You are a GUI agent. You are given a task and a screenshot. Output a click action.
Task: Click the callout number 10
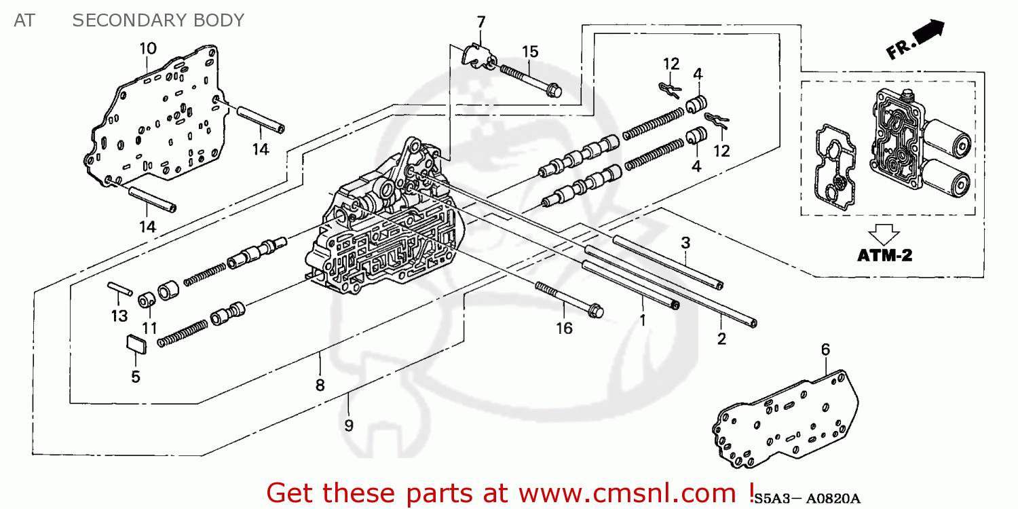coord(148,48)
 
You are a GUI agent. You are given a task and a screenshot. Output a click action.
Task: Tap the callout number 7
coord(481,22)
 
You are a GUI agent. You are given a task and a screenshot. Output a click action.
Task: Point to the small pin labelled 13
coord(119,288)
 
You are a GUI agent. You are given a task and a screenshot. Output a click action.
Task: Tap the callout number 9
coord(348,426)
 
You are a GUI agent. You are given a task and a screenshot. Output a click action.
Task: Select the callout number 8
coord(320,385)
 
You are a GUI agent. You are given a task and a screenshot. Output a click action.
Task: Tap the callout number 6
coord(825,350)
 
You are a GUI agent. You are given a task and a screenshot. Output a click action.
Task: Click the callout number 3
coord(685,242)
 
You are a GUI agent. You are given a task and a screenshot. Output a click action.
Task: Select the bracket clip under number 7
coord(478,56)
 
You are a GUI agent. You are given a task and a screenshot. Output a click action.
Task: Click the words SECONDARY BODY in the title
coord(157,20)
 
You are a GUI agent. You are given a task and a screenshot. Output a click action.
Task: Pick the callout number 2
coord(722,339)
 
